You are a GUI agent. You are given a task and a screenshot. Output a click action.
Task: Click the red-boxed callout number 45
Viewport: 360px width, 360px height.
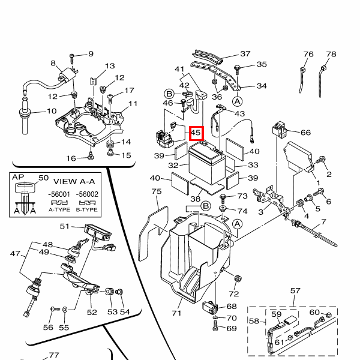(197, 133)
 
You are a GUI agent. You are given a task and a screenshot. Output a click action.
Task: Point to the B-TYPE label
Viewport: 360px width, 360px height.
(88, 210)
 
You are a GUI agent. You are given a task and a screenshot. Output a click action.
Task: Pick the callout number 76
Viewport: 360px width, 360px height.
(308, 55)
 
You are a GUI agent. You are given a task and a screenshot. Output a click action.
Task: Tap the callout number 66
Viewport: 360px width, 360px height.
(305, 133)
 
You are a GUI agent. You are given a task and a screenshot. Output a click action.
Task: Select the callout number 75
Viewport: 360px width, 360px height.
(157, 191)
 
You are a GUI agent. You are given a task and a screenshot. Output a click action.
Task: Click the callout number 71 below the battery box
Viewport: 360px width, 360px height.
(176, 313)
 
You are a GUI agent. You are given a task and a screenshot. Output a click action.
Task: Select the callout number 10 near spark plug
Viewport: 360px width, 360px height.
(51, 111)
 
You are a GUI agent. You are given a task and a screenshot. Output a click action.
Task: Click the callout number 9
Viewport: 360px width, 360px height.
(91, 54)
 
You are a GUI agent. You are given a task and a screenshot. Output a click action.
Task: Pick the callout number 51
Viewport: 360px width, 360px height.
(65, 226)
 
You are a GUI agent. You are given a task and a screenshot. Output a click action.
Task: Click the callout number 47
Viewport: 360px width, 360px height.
(15, 254)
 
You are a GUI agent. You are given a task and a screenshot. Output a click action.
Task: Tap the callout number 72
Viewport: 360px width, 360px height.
(233, 293)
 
